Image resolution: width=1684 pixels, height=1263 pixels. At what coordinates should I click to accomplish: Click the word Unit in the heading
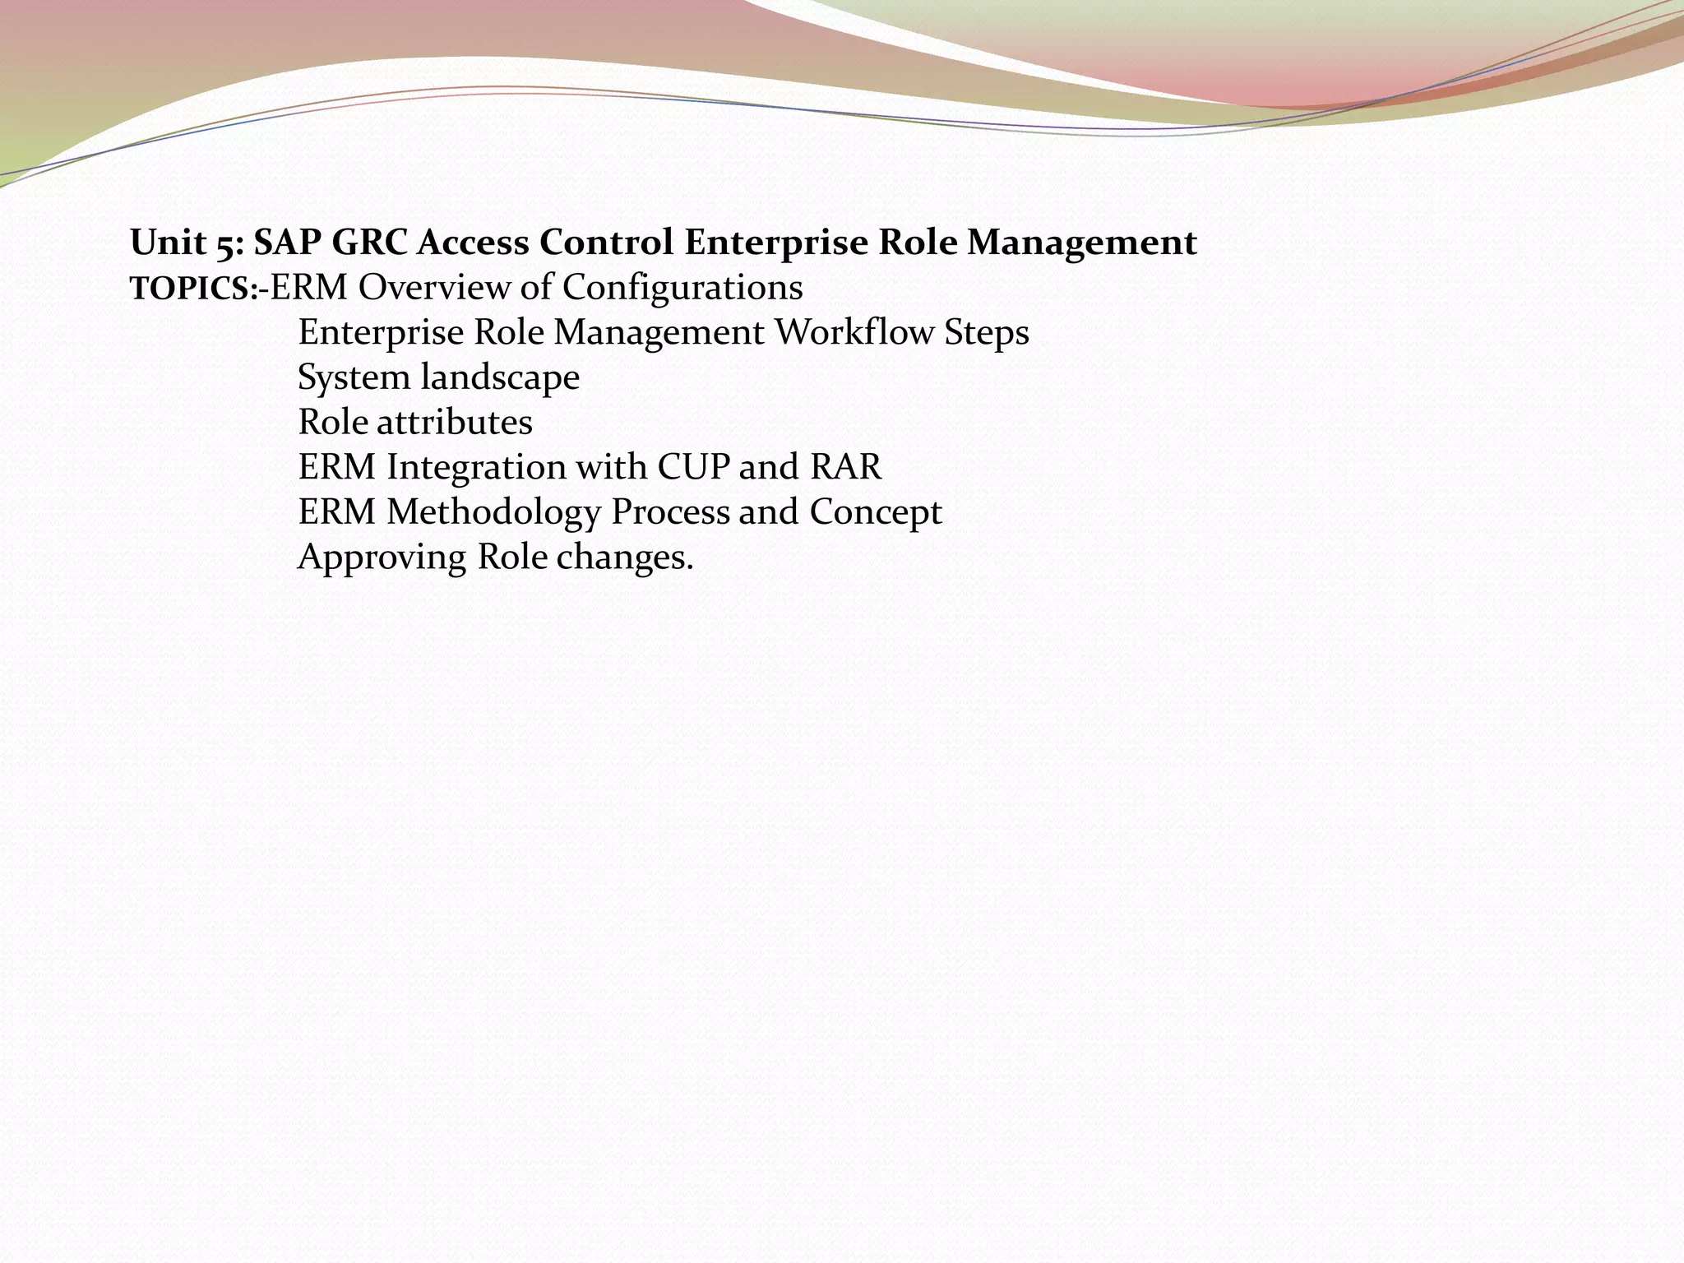168,243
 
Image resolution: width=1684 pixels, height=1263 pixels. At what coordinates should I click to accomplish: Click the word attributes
455,423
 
